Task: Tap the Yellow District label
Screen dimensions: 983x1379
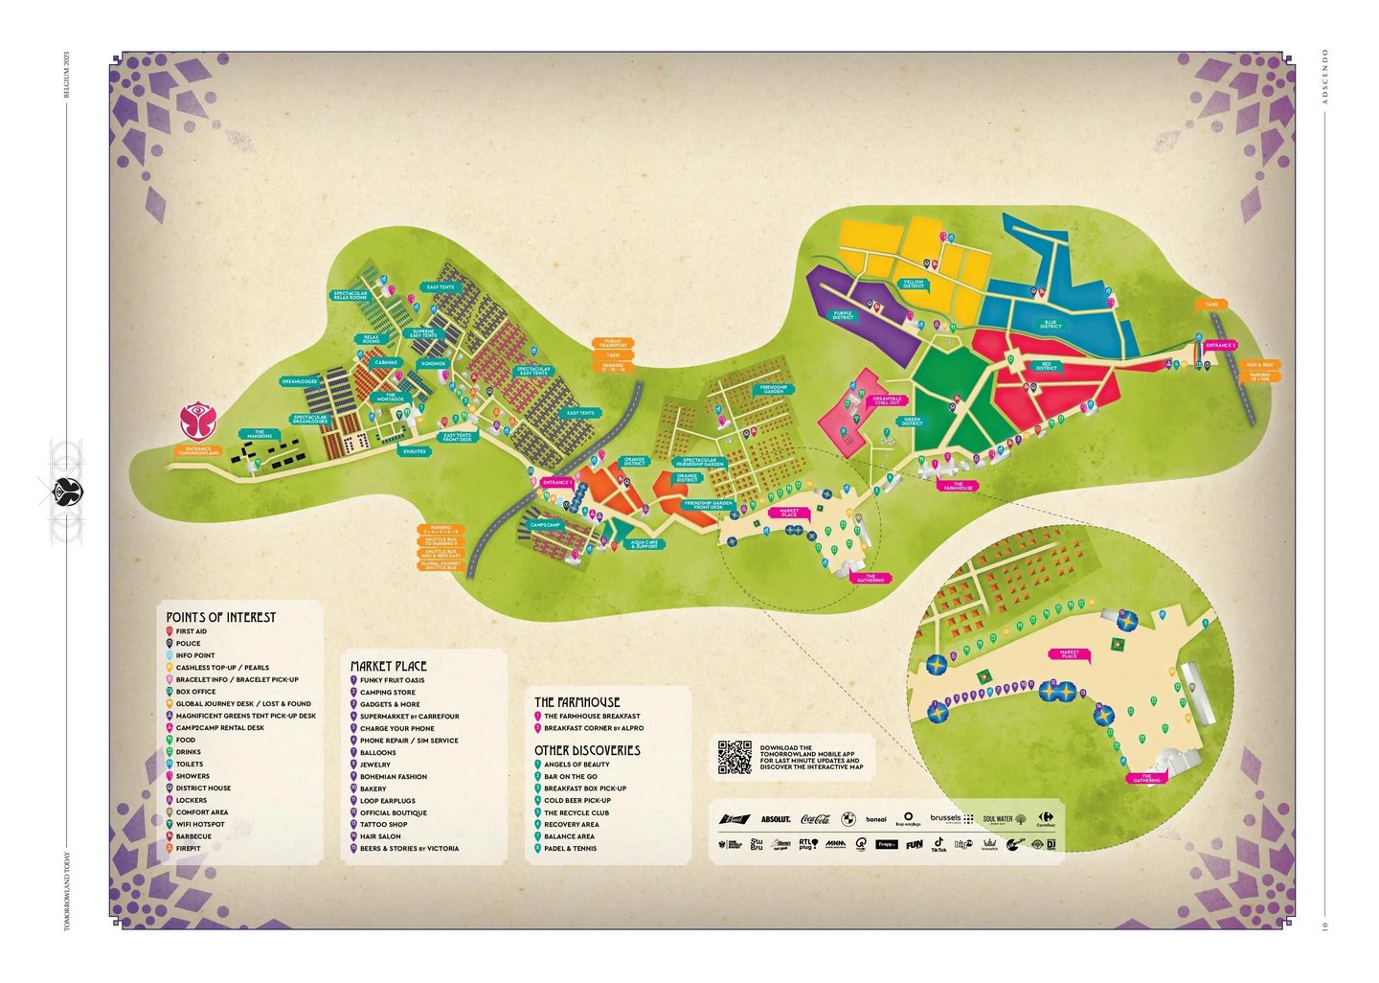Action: click(x=913, y=285)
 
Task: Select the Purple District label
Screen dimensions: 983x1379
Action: click(x=843, y=315)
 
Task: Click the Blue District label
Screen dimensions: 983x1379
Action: click(x=1051, y=325)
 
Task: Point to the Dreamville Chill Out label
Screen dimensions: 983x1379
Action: click(x=888, y=400)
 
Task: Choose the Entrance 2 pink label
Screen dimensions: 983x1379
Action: click(x=1221, y=345)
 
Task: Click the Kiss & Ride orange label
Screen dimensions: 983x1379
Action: click(x=1260, y=365)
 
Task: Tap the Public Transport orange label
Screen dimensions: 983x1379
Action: click(x=613, y=343)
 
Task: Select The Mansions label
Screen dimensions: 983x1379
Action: click(x=260, y=434)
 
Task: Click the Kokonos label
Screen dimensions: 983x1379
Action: click(x=433, y=364)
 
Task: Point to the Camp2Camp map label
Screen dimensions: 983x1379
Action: click(x=545, y=525)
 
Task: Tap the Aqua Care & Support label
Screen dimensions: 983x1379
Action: click(x=644, y=544)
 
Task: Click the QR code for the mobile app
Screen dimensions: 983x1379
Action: click(x=735, y=757)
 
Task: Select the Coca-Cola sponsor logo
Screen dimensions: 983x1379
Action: click(x=814, y=819)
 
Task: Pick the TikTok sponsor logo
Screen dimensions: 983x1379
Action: click(x=938, y=845)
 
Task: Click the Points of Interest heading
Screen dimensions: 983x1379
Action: click(x=220, y=617)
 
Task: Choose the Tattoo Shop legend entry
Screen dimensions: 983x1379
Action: click(x=383, y=824)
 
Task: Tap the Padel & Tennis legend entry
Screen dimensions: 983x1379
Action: click(x=570, y=848)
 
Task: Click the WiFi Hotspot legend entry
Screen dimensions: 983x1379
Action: click(x=200, y=824)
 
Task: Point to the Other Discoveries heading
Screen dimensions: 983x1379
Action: click(x=587, y=750)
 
